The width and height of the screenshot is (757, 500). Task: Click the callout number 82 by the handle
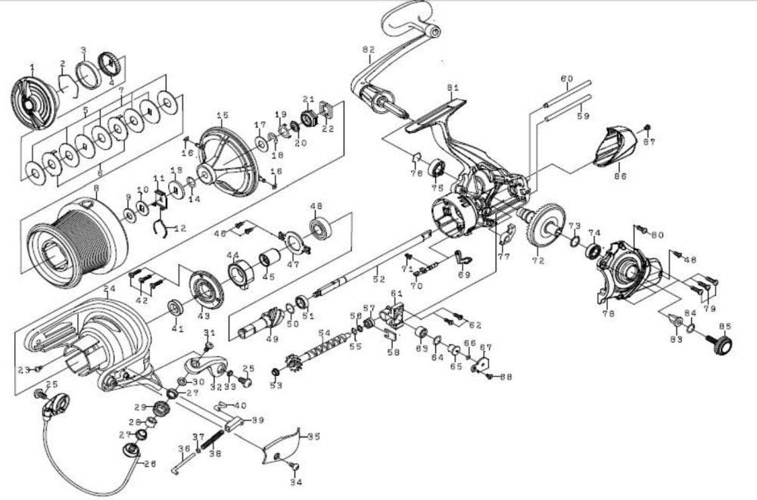(x=369, y=51)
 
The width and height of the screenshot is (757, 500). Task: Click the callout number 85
(x=724, y=327)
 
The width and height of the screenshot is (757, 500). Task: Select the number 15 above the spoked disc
(x=223, y=116)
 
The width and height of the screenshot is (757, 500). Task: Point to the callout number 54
(x=324, y=333)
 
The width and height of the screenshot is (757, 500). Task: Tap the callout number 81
(x=453, y=88)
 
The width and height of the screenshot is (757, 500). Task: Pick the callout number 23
(x=23, y=369)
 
